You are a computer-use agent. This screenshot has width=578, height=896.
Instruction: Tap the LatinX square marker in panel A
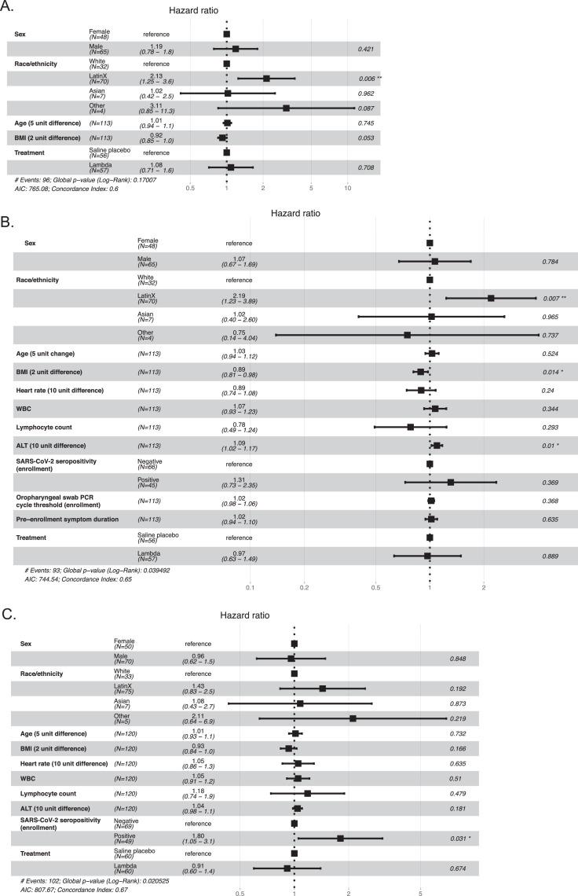coord(266,79)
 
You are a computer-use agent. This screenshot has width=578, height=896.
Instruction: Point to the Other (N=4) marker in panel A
coord(286,108)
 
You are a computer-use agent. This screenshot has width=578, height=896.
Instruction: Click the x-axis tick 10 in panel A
coord(348,188)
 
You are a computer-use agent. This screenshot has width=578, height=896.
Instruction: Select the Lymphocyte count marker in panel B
coord(410,406)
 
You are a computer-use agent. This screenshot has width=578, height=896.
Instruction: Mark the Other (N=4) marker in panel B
coord(407,335)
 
